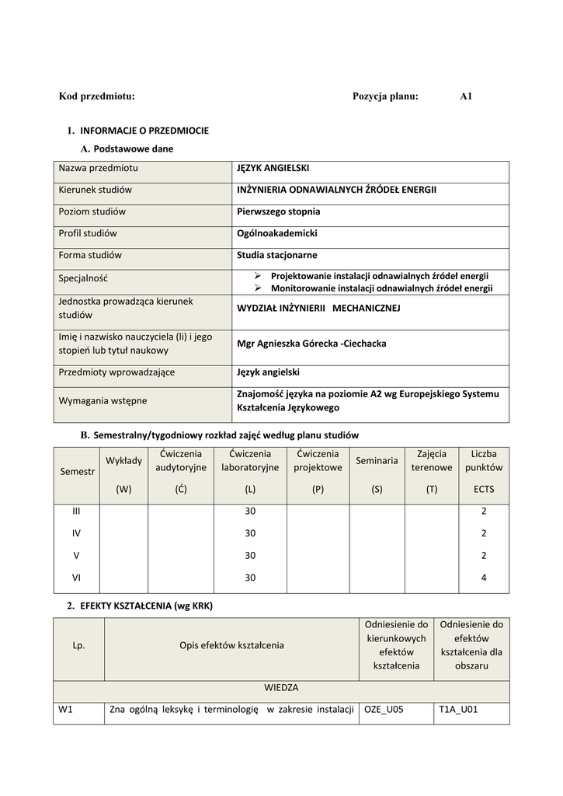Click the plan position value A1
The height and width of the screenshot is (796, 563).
466,96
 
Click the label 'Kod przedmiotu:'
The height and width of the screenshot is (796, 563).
97,96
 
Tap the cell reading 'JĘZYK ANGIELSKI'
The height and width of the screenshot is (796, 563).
273,168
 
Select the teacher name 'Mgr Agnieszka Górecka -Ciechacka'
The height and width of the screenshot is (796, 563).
311,344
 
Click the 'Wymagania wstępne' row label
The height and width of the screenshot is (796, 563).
103,401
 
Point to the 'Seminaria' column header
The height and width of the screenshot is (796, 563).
377,461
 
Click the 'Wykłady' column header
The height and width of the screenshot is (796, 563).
124,461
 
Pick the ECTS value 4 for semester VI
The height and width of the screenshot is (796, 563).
484,578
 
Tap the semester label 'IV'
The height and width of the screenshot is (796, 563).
76,533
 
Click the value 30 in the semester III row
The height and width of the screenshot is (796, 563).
250,511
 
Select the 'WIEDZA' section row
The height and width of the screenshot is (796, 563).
281,688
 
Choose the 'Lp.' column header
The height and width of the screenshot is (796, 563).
78,645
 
